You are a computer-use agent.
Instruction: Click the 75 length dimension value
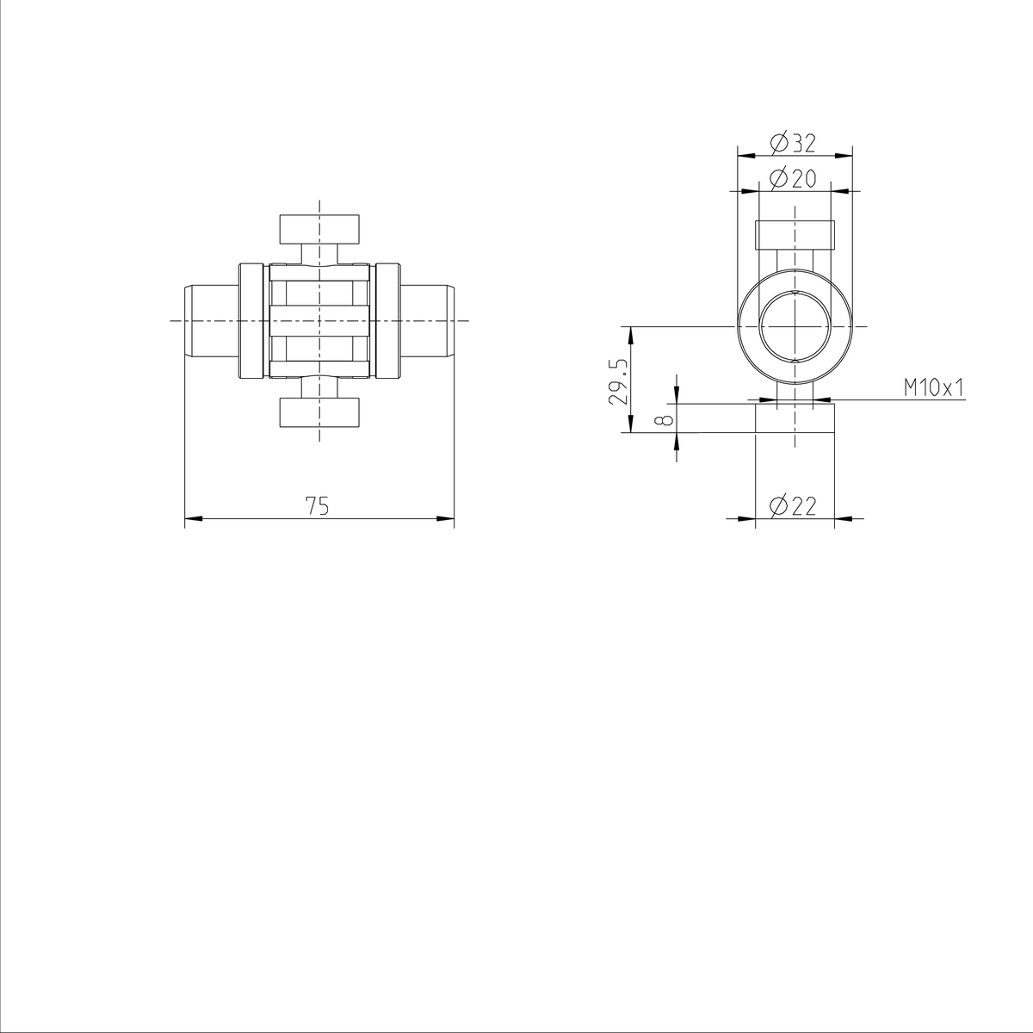coord(318,506)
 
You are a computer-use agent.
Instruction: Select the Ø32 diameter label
coord(794,142)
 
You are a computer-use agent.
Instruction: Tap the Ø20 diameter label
coord(794,178)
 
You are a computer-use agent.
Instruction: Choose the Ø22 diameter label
coord(794,506)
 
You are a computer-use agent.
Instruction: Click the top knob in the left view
coord(319,229)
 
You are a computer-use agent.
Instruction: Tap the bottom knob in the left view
coord(319,412)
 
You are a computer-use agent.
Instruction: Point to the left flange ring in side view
coord(251,320)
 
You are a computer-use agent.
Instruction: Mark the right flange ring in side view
coord(387,320)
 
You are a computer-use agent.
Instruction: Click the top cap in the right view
coord(795,234)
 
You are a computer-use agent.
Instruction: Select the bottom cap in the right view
coord(795,418)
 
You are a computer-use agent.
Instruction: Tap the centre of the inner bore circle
coord(795,326)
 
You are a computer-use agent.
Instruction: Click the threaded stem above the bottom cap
coord(795,392)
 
